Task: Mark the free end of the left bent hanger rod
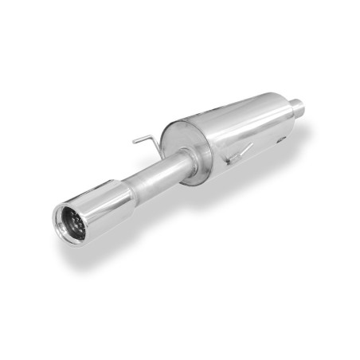click(x=135, y=143)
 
